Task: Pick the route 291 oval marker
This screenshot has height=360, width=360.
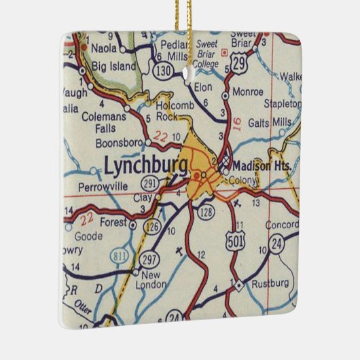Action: (x=151, y=184)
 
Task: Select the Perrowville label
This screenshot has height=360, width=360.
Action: (x=103, y=184)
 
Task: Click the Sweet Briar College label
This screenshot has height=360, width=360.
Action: (x=206, y=54)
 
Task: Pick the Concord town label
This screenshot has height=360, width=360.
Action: (x=281, y=225)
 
